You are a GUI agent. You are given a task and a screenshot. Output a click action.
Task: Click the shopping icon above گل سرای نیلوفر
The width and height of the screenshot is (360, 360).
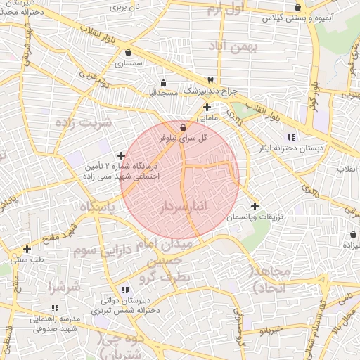point(184,128)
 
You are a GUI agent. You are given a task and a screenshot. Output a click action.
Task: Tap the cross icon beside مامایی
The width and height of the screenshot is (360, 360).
point(207,108)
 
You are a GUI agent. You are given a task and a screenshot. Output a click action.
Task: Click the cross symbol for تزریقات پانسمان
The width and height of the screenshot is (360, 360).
point(255,207)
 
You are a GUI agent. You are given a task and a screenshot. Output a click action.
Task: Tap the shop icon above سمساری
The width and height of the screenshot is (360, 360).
point(128,52)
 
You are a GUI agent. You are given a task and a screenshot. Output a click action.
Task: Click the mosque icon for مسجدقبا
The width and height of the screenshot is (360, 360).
point(164,82)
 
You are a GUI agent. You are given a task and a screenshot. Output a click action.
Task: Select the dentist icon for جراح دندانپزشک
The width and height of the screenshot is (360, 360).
point(210,80)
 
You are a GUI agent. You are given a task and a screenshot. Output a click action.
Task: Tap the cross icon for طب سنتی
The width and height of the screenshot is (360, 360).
point(27,249)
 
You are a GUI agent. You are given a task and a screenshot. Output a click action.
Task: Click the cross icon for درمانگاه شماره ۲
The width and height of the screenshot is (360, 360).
point(122,156)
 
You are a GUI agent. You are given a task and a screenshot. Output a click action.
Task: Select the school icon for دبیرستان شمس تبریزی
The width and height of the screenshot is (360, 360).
point(125,290)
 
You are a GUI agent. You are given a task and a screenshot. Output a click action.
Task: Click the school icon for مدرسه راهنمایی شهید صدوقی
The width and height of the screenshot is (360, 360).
point(55,308)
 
